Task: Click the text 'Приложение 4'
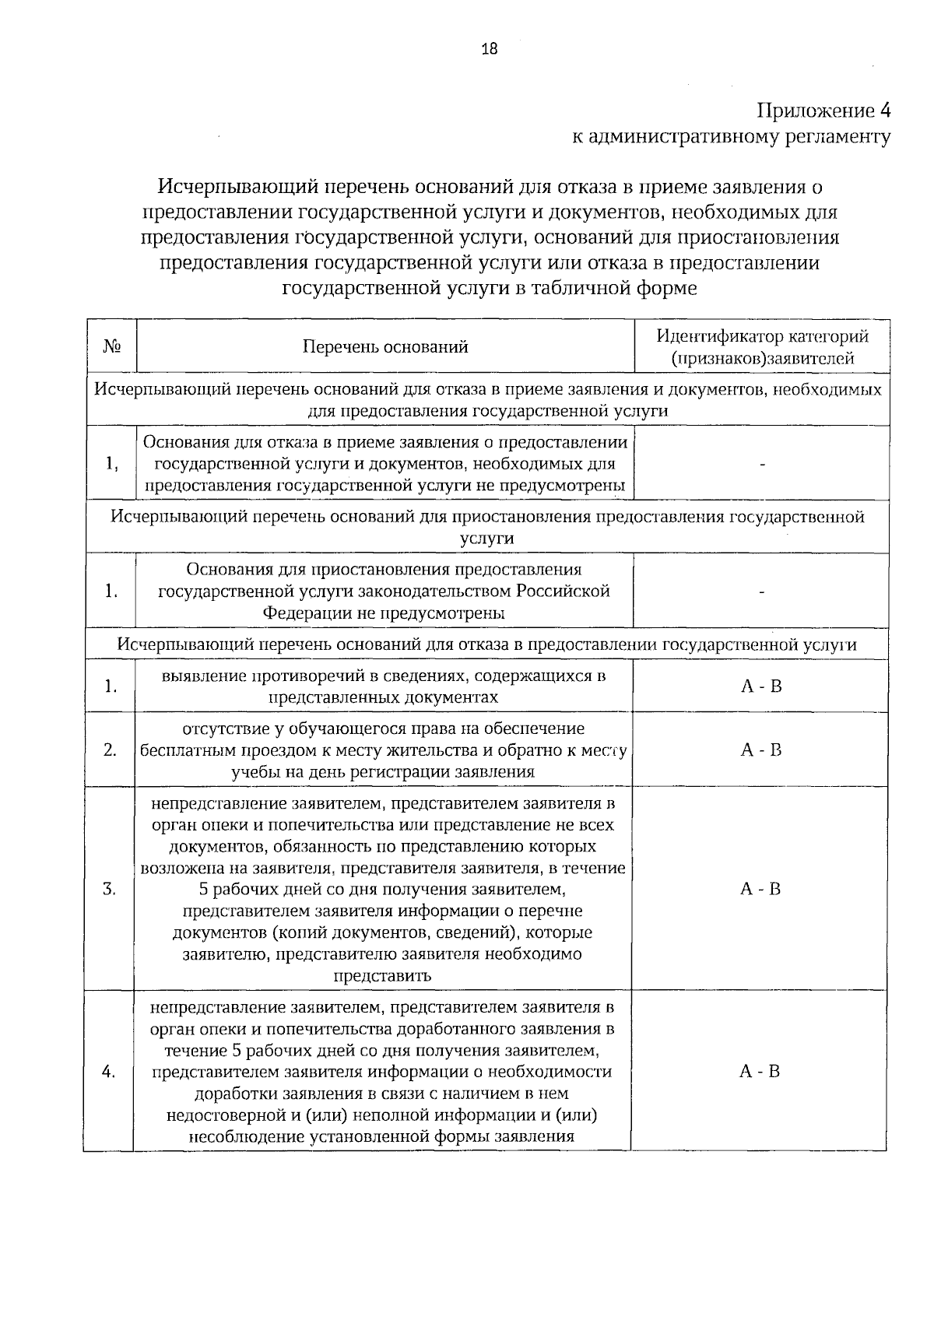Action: pos(824,110)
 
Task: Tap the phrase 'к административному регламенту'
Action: pos(731,138)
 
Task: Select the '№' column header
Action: pos(111,346)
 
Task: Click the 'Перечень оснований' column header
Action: pos(385,347)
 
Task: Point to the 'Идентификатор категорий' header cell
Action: pos(762,337)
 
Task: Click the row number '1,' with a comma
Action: pos(111,464)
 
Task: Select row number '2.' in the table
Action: pos(111,750)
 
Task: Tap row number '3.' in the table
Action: pos(110,889)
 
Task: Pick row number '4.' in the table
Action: pos(109,1071)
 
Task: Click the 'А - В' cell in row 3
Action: pos(760,889)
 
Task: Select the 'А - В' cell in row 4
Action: pos(759,1071)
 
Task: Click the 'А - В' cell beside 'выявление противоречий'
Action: pos(760,686)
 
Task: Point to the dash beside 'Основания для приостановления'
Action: pos(762,592)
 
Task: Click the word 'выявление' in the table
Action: pos(198,676)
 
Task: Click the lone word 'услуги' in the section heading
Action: pos(486,539)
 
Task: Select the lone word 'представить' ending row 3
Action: pos(382,976)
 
